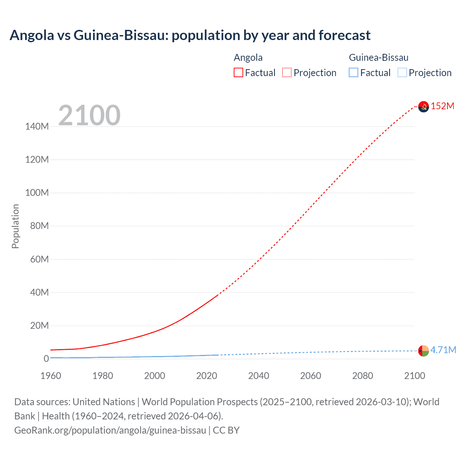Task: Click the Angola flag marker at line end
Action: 423,106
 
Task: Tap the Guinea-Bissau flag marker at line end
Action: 423,351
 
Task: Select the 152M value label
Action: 442,106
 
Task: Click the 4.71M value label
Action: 443,350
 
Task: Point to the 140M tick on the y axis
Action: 37,126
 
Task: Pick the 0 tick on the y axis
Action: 46,359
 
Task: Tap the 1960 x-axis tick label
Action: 51,376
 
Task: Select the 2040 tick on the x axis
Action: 258,376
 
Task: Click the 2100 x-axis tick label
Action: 414,376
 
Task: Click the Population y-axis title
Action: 15,226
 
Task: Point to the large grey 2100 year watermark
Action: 89,115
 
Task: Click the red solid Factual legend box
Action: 238,73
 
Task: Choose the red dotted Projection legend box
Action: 287,73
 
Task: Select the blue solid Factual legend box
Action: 354,73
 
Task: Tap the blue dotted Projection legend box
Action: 402,73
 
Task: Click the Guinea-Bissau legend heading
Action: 379,58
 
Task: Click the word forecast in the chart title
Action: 344,35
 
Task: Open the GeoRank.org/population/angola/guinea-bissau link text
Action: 110,430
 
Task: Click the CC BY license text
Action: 226,430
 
